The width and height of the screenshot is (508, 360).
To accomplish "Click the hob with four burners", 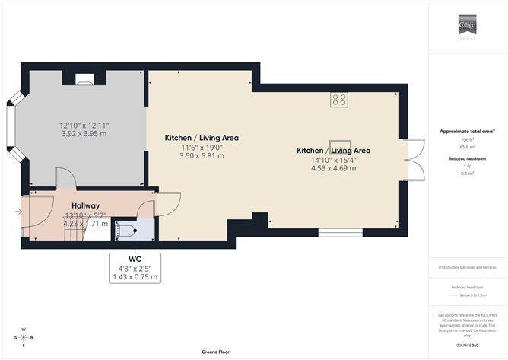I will coord(339,99).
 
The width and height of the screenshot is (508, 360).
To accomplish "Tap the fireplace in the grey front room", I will coord(85,77).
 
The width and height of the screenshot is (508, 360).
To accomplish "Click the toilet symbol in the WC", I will coord(126,228).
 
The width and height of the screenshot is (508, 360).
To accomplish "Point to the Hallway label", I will coord(85,205).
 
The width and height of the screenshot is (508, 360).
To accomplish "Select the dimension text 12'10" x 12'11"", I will coord(84,124).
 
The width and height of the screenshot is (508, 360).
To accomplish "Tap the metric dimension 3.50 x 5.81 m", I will coord(202,156).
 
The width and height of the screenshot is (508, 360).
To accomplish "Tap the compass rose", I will coord(24,337).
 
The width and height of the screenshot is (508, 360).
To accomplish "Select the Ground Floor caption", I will coord(216,352).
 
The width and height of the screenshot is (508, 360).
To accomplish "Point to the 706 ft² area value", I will coord(467,141).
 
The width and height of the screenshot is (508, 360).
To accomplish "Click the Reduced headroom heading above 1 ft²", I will coord(467,158).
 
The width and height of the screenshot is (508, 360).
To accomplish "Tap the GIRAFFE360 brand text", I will coord(467,345).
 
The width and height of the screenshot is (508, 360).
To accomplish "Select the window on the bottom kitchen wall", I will coord(335,233).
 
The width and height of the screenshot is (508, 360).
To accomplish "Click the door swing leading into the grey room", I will coord(66,179).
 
